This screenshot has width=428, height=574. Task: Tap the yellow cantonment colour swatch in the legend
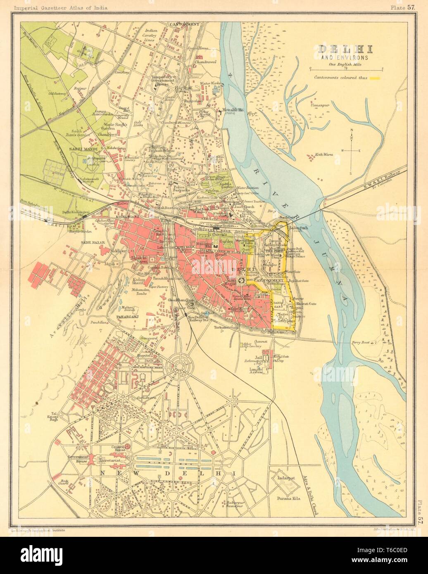coord(375,78)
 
